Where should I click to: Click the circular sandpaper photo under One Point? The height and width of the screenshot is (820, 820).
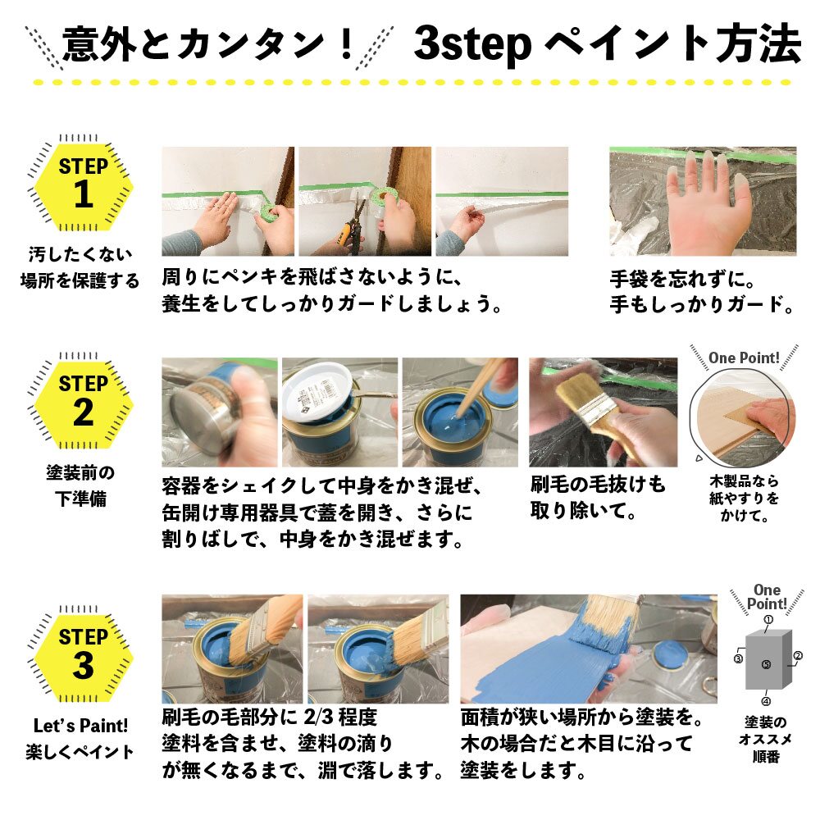click(x=742, y=419)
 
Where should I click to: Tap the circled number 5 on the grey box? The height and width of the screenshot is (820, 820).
click(x=766, y=664)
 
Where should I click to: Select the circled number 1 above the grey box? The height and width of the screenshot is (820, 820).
click(x=768, y=621)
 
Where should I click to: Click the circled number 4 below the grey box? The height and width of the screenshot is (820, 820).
click(x=766, y=701)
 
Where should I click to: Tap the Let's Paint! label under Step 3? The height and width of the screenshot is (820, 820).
click(x=80, y=726)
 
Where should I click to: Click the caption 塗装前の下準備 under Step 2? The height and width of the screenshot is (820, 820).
click(x=80, y=485)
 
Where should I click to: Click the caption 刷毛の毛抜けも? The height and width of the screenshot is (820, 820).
click(x=599, y=486)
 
